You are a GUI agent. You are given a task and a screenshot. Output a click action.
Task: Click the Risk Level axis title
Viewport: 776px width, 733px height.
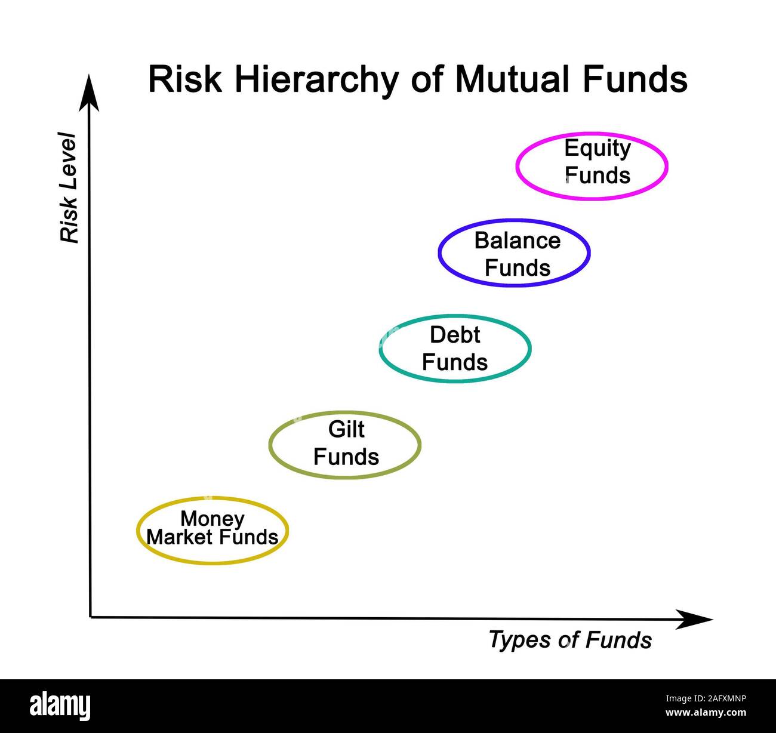(x=69, y=187)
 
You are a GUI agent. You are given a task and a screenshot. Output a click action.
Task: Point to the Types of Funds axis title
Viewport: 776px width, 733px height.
(x=570, y=640)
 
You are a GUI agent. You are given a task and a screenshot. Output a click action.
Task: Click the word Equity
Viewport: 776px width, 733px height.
(x=597, y=148)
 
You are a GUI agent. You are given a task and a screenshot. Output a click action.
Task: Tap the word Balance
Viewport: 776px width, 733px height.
(x=518, y=241)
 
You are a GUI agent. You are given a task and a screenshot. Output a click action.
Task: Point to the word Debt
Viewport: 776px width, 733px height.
(x=455, y=335)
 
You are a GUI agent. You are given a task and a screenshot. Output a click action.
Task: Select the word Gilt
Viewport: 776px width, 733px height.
(x=346, y=429)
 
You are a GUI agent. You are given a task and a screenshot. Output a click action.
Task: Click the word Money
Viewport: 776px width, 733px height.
(x=212, y=518)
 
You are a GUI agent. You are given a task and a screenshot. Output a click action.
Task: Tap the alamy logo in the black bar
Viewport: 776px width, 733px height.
(x=60, y=706)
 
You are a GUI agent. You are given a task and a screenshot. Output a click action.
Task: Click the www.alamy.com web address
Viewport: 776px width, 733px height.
(x=706, y=713)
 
